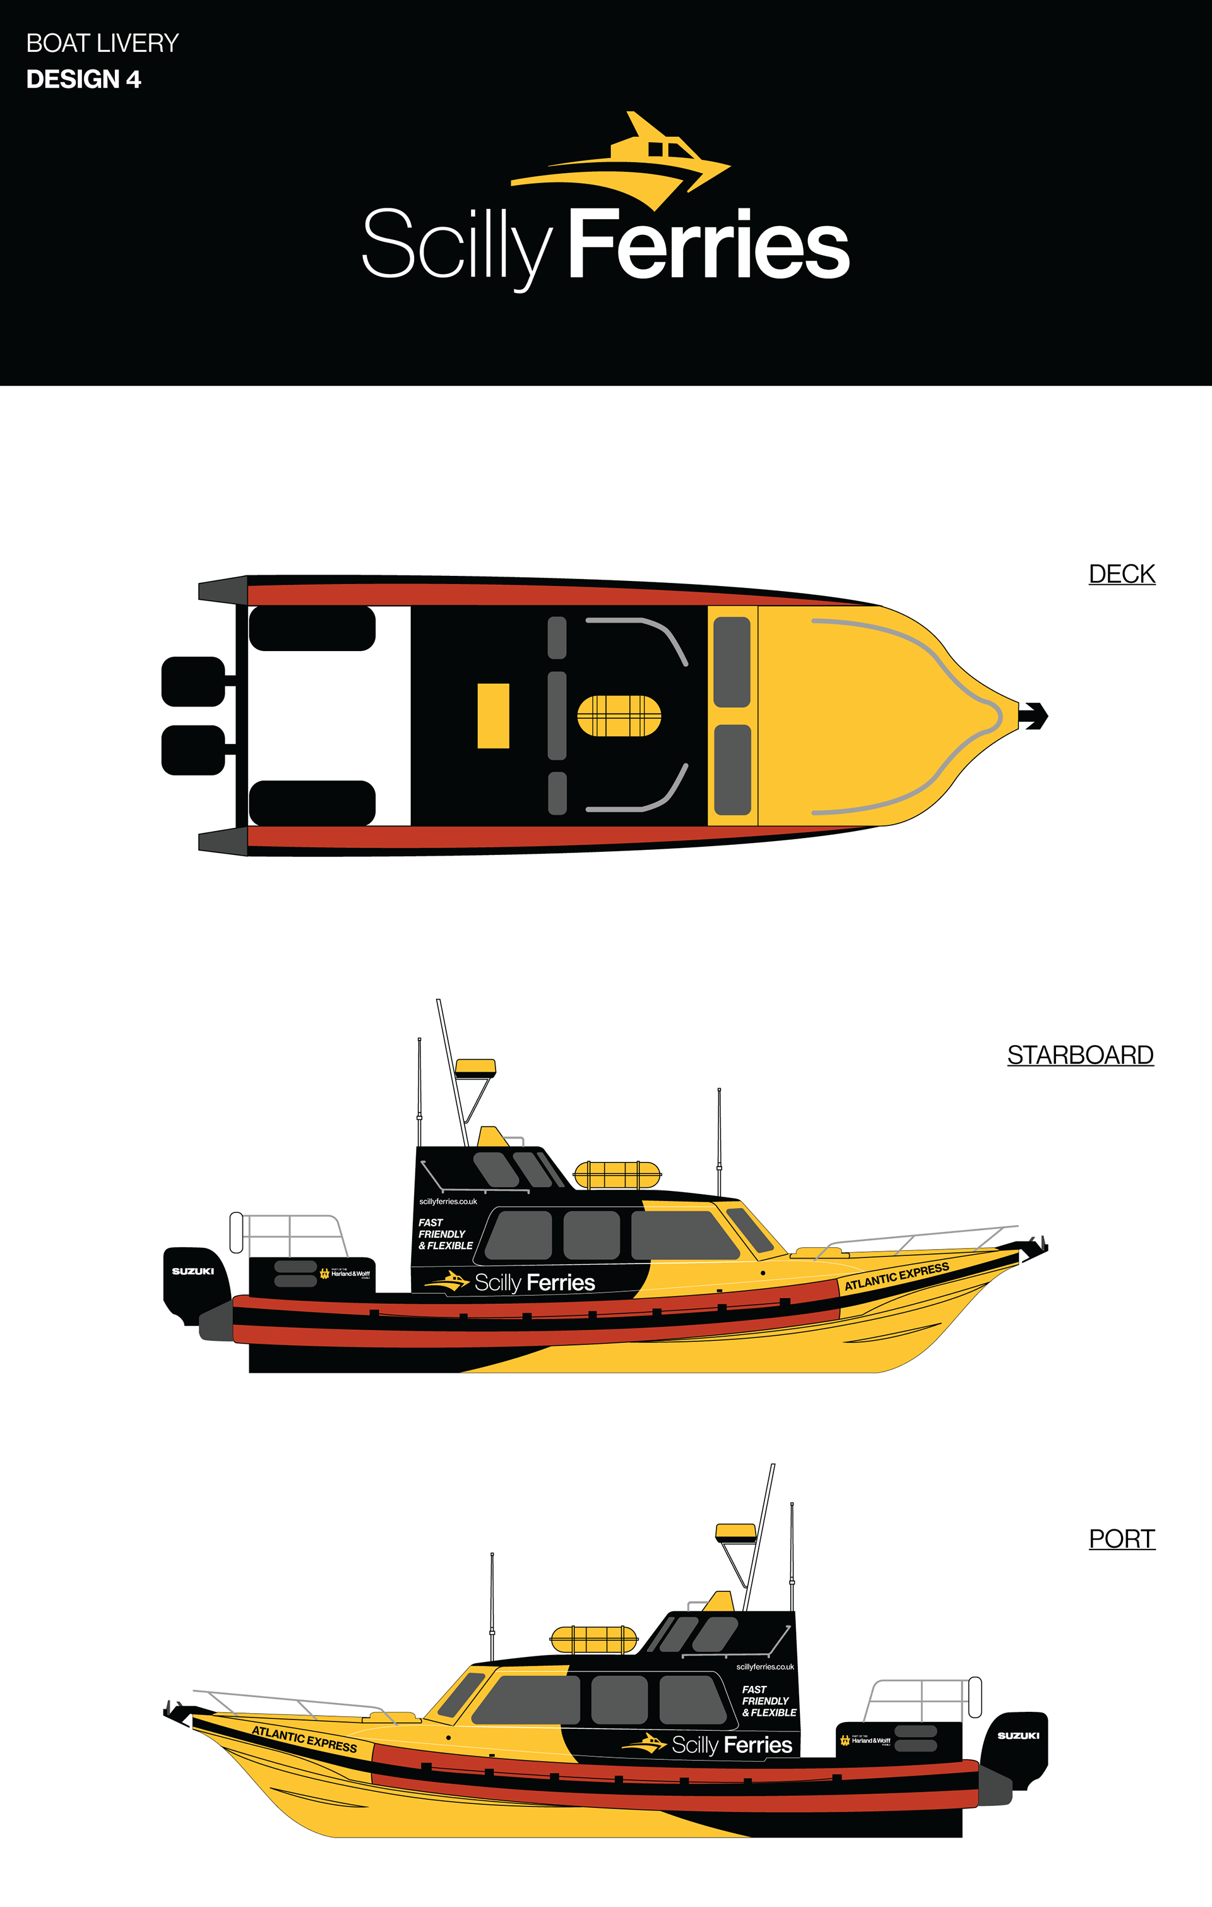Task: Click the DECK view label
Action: (1121, 573)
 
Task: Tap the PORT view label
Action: (1121, 1538)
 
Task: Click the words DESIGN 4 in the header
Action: (83, 79)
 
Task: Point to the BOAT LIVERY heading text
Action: (102, 43)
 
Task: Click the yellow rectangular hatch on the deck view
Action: (492, 715)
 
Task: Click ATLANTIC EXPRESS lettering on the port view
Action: (304, 1739)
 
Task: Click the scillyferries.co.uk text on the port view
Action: (764, 1666)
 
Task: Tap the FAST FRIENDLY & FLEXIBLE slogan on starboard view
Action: (445, 1234)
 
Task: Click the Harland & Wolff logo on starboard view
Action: (345, 1274)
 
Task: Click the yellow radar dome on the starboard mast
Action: (475, 1068)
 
